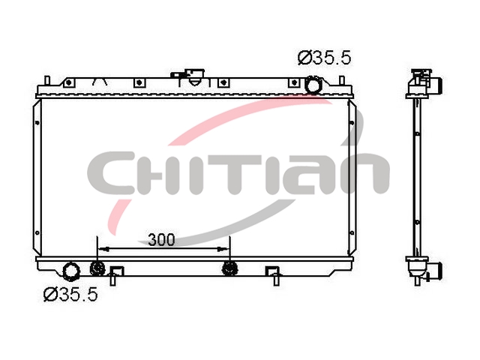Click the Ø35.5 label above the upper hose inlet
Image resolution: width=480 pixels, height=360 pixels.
coord(324,58)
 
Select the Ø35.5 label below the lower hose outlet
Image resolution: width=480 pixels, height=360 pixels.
coord(70,294)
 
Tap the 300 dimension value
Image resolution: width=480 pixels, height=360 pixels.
coord(161,240)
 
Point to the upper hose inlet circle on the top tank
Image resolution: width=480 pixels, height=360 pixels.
coord(313,85)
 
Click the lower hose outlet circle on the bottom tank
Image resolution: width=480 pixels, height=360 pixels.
coord(71,271)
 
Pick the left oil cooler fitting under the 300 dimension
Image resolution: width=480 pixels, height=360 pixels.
coord(97,268)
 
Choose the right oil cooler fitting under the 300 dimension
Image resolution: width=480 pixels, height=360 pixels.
coord(229,268)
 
